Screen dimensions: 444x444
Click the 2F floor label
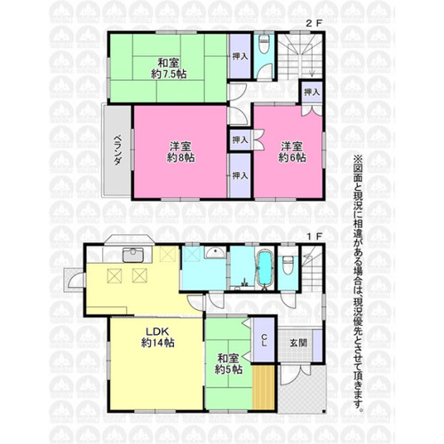313,24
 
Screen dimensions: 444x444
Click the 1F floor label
313,237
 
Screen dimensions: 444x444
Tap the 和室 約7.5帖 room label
169,68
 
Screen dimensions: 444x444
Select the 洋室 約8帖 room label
180,152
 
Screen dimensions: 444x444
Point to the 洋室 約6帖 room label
292,152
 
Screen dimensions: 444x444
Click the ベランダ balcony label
118,150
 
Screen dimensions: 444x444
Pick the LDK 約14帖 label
157,337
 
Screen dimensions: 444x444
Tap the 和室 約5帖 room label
228,364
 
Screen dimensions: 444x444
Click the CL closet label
265,340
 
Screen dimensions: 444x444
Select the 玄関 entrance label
297,343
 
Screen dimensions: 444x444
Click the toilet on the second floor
264,44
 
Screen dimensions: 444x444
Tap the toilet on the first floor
288,266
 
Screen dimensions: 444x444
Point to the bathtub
265,269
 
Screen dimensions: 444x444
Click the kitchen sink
133,255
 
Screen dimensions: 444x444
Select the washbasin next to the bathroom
214,253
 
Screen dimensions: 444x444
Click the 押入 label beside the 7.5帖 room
240,56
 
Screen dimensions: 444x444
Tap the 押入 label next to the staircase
312,92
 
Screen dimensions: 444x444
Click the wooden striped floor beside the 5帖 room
264,388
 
